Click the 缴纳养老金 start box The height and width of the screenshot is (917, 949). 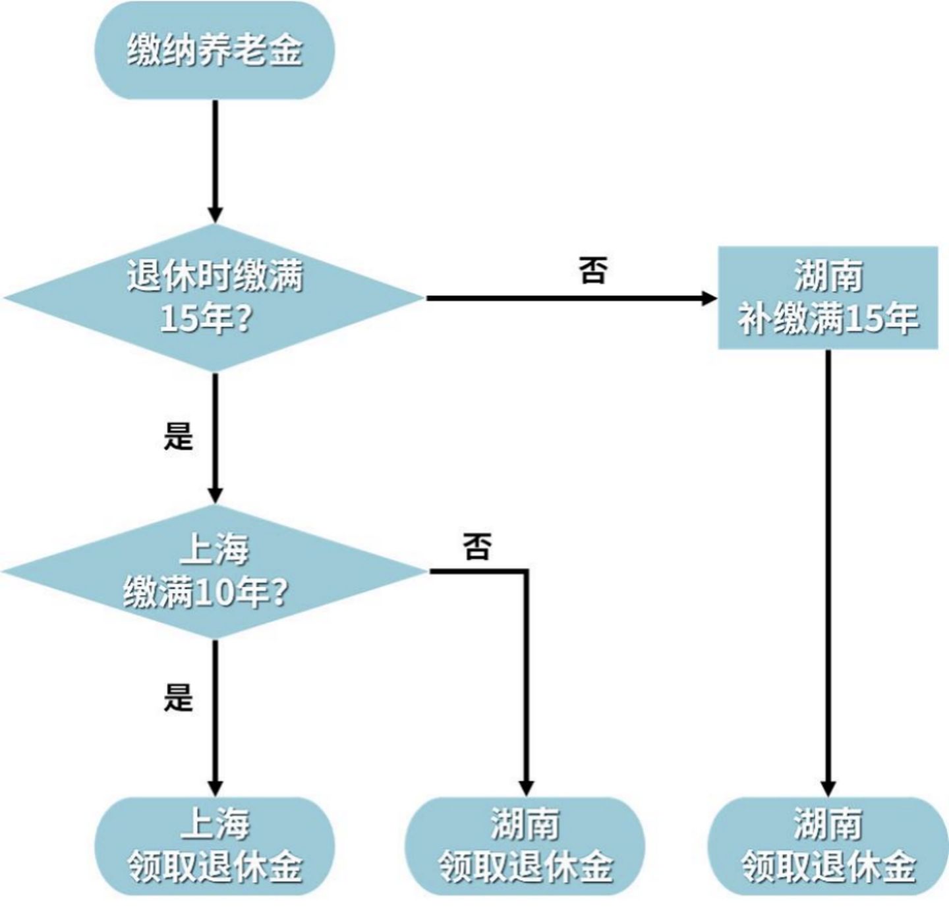point(215,51)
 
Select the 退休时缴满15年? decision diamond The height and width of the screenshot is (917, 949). point(215,298)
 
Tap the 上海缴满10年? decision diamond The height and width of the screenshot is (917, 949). point(215,571)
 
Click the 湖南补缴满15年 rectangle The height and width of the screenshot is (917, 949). point(828,298)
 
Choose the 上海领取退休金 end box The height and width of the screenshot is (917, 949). point(215,846)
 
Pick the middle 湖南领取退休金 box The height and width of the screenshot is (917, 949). point(525,846)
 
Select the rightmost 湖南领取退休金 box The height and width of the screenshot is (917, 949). point(828,846)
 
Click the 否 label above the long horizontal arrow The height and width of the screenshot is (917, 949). point(592,270)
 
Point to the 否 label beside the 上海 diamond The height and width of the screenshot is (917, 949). point(477,546)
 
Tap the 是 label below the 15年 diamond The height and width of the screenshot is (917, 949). point(178,436)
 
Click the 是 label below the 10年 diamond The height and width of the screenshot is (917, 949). point(178,698)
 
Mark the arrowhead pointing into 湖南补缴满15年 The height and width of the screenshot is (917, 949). point(709,298)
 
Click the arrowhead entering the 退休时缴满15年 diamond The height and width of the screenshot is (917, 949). point(215,215)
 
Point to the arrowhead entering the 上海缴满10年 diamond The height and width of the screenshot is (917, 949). point(215,495)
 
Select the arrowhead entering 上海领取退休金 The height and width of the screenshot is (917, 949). point(215,788)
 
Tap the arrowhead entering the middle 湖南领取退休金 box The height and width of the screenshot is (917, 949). point(526,788)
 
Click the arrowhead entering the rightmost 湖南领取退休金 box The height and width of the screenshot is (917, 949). point(828,788)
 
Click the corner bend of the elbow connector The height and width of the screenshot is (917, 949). point(526,571)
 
